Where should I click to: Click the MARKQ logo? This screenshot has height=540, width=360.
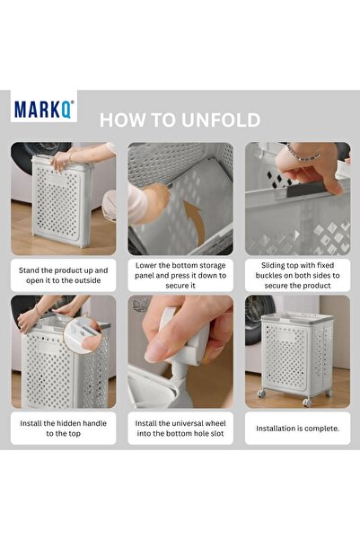tap(44, 109)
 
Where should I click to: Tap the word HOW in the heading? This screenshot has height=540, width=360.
tap(120, 120)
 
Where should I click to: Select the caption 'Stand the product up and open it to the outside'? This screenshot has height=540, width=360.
tap(64, 275)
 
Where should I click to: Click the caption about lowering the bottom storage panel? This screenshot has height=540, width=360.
tap(180, 275)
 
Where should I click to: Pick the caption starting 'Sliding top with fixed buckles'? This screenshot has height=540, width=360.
tap(297, 275)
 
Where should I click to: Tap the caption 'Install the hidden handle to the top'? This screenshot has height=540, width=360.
tap(64, 427)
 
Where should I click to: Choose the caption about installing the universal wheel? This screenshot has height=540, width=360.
tap(180, 427)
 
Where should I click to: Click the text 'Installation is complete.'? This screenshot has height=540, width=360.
tap(297, 428)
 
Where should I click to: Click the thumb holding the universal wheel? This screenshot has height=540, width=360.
tap(162, 346)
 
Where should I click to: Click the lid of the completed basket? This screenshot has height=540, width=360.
tap(296, 318)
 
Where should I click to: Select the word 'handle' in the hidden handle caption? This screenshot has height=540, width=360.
tap(86, 420)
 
